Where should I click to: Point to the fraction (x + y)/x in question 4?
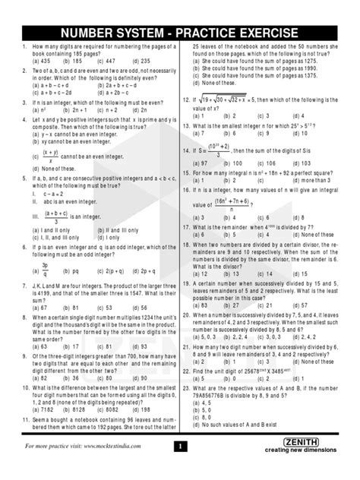(51, 156)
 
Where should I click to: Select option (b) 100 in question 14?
(235, 163)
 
